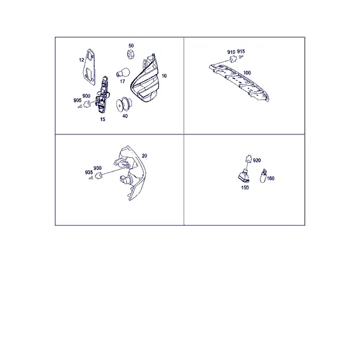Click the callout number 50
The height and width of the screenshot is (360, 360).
click(x=131, y=46)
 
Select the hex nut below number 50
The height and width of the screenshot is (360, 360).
click(x=131, y=55)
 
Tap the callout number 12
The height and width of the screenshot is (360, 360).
click(x=82, y=60)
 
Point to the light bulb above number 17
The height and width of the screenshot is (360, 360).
click(x=123, y=73)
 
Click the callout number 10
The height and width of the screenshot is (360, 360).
click(x=164, y=76)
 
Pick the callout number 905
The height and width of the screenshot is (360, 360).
click(x=77, y=100)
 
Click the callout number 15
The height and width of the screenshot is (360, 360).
click(x=103, y=119)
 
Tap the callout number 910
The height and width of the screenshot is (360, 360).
click(x=231, y=52)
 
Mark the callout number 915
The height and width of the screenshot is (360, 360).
click(x=241, y=51)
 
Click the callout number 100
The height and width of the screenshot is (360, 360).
click(x=247, y=73)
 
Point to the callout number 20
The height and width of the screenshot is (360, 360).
click(x=145, y=156)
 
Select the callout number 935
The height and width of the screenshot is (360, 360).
click(x=89, y=172)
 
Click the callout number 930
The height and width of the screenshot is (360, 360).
click(x=97, y=168)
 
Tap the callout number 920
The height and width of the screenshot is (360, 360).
click(x=257, y=160)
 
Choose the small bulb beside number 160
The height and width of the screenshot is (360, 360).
click(x=263, y=176)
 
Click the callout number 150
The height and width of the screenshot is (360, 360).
click(x=245, y=188)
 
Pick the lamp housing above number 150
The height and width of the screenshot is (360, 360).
click(x=244, y=176)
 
